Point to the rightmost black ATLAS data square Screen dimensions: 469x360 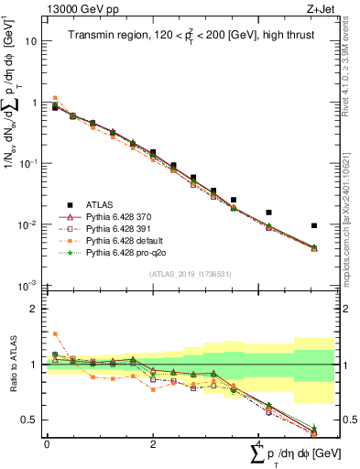click(x=314, y=225)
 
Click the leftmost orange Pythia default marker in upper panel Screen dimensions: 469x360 click(x=55, y=98)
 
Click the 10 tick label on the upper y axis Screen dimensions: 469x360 click(x=31, y=41)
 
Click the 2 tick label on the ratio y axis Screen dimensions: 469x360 click(x=35, y=309)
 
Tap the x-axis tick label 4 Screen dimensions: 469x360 click(x=258, y=444)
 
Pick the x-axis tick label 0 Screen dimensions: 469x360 click(x=47, y=444)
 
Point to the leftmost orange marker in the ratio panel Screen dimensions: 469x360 click(x=55, y=334)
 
